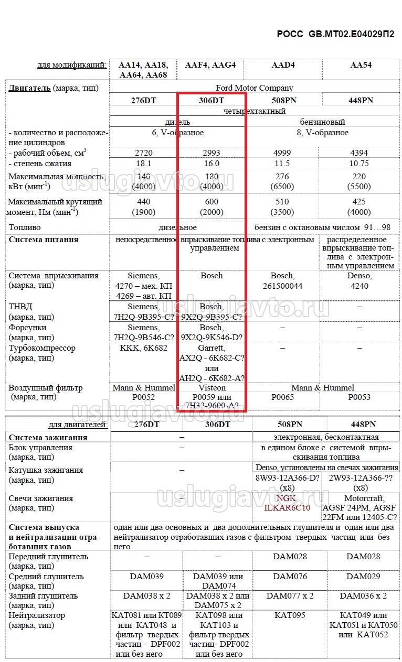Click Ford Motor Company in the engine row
(x=255, y=88)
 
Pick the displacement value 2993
(x=211, y=153)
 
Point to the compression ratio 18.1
(x=143, y=163)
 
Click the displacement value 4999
(x=283, y=153)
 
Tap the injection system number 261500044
(x=283, y=286)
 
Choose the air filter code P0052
(x=143, y=397)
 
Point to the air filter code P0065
(x=283, y=397)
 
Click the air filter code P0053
(x=359, y=397)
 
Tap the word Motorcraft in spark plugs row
(x=364, y=498)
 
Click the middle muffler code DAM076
(x=290, y=577)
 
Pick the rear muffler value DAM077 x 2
(x=290, y=596)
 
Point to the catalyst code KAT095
(x=290, y=615)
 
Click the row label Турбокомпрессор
(x=42, y=348)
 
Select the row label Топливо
(x=25, y=227)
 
